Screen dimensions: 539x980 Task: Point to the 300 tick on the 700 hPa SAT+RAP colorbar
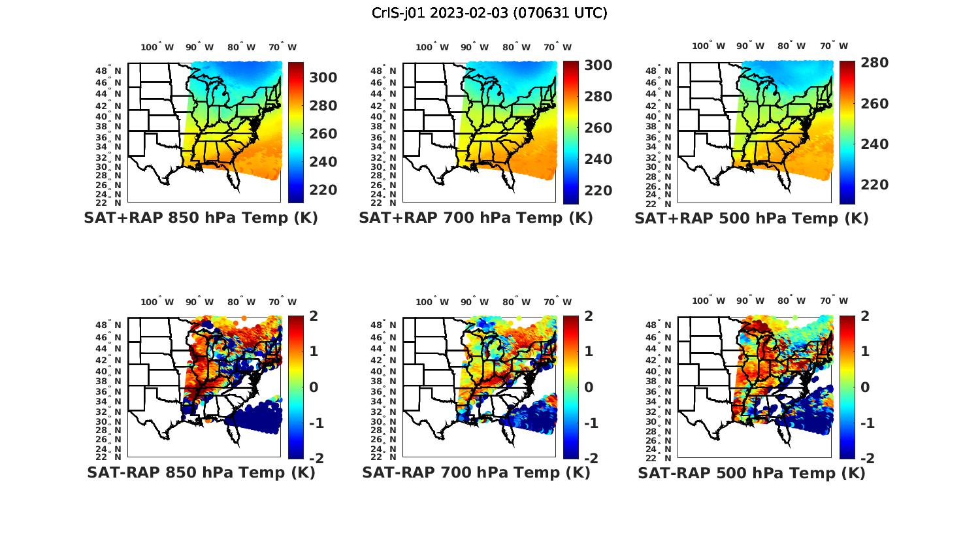pos(598,65)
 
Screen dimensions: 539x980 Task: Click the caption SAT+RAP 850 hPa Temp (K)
pos(201,218)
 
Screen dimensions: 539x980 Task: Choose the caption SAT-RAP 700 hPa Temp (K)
pos(476,472)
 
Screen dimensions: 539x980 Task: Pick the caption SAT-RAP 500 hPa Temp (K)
pos(751,473)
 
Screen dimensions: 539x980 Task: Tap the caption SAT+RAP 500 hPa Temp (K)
pos(751,218)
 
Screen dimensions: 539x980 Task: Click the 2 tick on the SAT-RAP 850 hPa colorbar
pos(314,316)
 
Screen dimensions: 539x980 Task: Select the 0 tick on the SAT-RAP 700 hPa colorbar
pos(589,387)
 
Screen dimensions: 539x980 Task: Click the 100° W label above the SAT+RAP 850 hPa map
pos(157,47)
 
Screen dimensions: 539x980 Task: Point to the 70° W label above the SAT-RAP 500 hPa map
pos(834,302)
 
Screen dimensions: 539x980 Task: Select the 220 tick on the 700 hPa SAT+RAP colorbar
pos(598,191)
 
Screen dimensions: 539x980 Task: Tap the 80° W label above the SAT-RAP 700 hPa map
pos(517,302)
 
